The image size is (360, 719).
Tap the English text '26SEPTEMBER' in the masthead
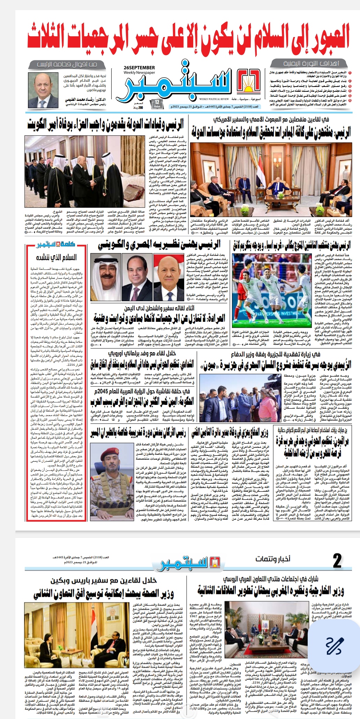(139, 68)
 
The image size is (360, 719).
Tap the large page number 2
(337, 561)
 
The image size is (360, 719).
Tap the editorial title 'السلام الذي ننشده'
(56, 258)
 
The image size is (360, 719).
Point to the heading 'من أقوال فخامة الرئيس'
(67, 64)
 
